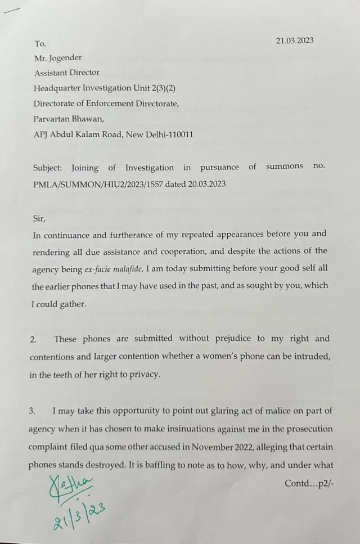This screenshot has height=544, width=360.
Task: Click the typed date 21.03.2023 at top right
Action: click(295, 41)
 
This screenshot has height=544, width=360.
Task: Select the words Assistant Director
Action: click(67, 73)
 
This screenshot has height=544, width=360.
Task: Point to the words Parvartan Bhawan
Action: click(69, 119)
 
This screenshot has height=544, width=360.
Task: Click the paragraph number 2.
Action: click(33, 339)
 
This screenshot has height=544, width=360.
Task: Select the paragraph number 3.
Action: click(33, 411)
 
